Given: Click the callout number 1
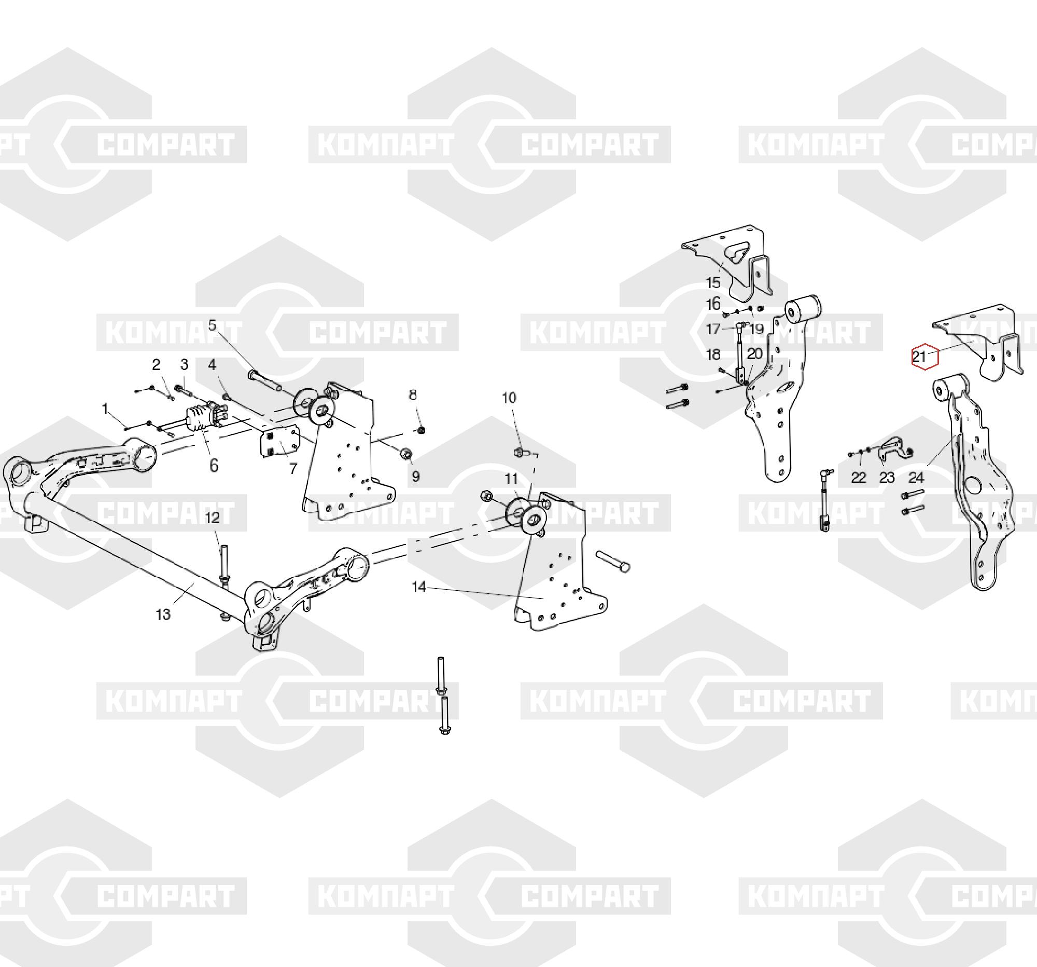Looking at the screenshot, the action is (x=106, y=409).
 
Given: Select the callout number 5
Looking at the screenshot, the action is (x=212, y=325).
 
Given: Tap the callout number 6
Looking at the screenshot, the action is (x=213, y=466).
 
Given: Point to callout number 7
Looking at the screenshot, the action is (x=293, y=469).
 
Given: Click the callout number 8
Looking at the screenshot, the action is (x=413, y=394).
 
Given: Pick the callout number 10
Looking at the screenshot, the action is (x=509, y=398).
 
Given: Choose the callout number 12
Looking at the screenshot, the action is (x=212, y=518).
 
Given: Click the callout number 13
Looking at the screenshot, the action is (x=163, y=614).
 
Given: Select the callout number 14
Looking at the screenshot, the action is (x=419, y=588).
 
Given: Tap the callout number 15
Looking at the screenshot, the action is (x=712, y=282).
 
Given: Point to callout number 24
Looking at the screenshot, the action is (x=917, y=477).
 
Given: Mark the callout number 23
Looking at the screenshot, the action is (x=887, y=477).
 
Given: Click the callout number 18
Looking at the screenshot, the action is (x=712, y=355).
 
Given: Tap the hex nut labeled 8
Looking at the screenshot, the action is (x=422, y=430).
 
